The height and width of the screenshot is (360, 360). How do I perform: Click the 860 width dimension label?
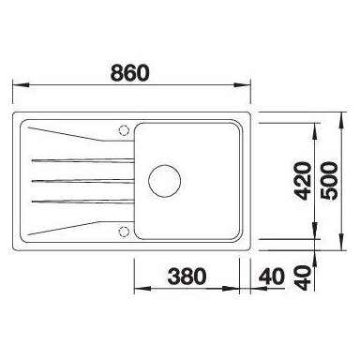click(130, 72)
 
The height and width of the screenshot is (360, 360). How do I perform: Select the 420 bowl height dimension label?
click(304, 181)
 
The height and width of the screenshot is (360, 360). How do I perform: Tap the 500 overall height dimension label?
click(329, 181)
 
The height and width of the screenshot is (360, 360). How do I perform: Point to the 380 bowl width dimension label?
click(187, 277)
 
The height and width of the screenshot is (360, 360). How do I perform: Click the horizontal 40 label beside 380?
click(272, 277)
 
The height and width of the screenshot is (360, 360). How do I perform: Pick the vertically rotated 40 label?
click(304, 277)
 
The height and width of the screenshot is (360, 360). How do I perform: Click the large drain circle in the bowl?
click(165, 181)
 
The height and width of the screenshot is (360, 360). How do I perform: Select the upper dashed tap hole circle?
click(124, 130)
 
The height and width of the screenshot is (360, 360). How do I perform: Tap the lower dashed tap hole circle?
click(124, 232)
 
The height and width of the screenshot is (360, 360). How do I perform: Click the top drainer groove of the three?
click(82, 160)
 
